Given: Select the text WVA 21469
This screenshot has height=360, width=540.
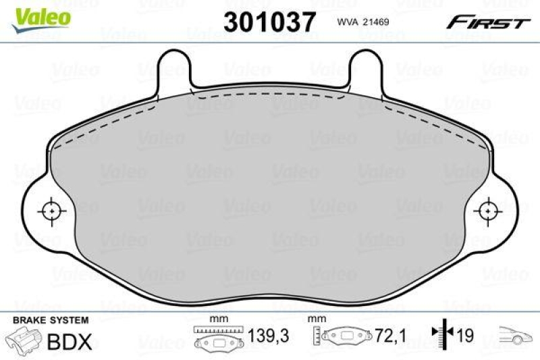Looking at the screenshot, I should (x=363, y=22).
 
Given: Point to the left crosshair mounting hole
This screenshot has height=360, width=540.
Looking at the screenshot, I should (x=51, y=211).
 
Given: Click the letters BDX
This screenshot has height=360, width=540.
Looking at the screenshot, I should (x=70, y=342).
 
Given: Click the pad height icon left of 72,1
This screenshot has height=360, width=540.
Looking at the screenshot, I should (x=342, y=336).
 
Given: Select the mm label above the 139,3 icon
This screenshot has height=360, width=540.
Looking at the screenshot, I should (x=217, y=318).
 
